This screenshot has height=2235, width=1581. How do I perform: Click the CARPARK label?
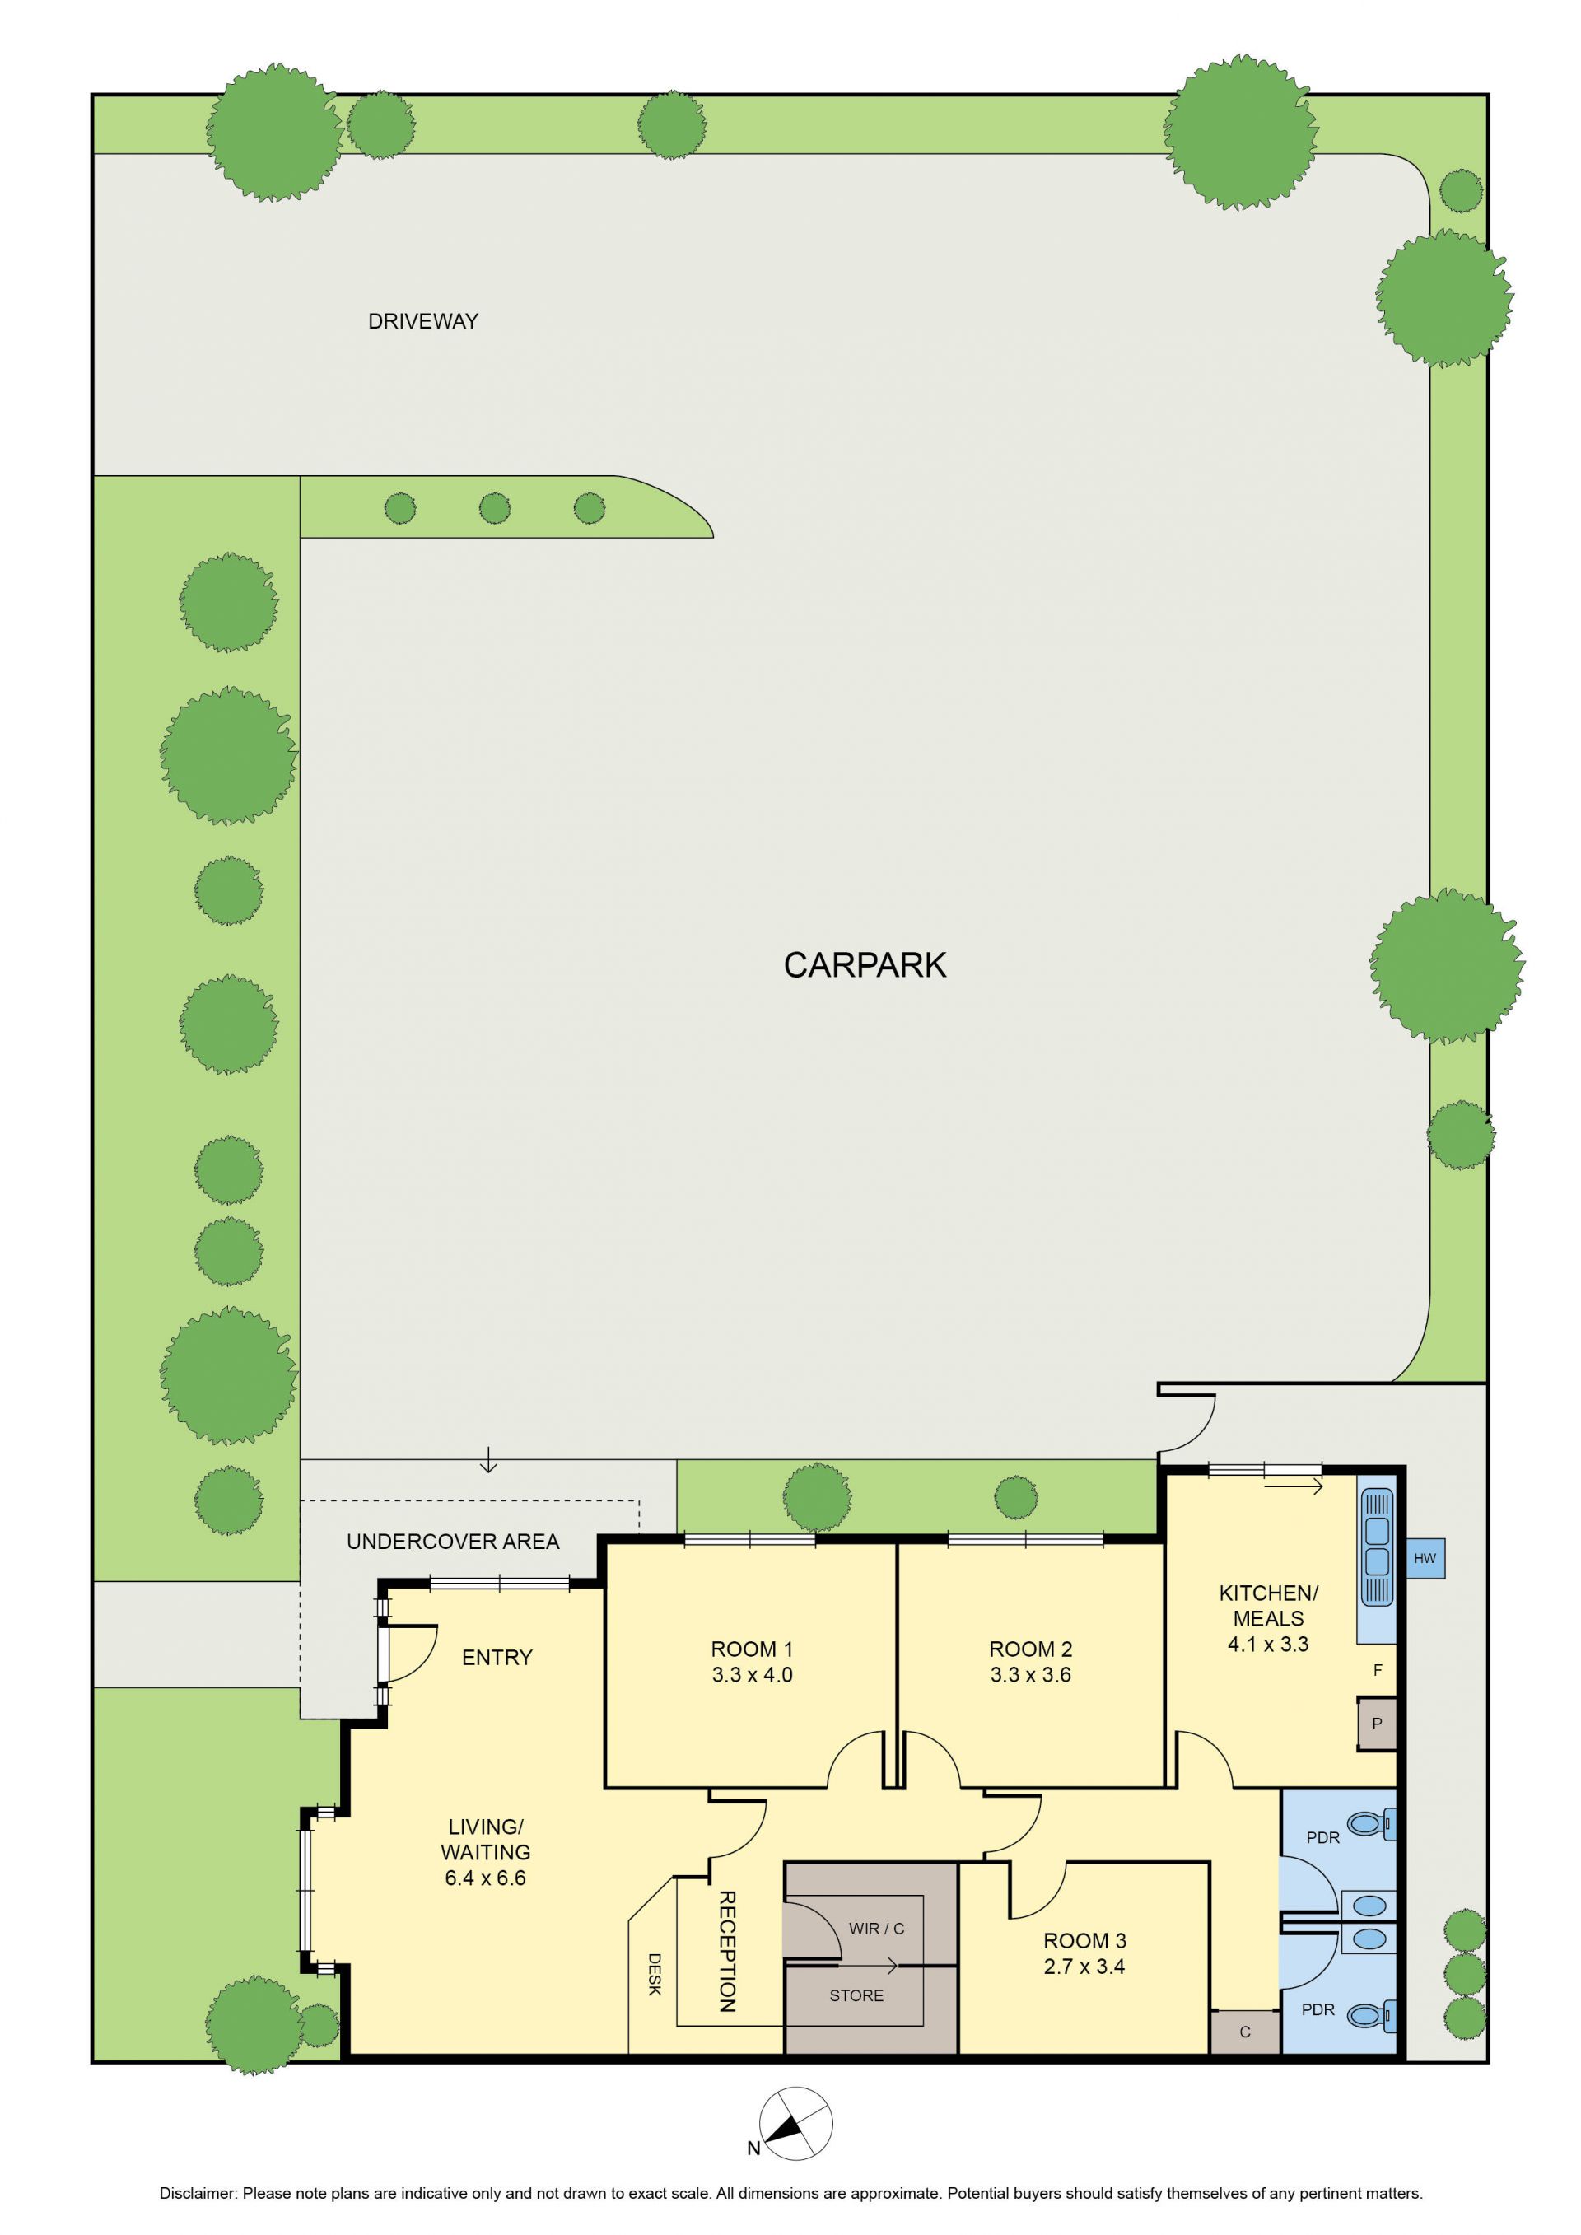865,964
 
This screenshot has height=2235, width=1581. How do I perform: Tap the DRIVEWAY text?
422,321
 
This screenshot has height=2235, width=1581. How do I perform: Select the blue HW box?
1425,1558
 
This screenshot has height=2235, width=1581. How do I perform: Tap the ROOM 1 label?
752,1649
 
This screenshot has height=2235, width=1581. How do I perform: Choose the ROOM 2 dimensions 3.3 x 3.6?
1030,1675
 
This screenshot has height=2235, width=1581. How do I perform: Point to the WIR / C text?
876,1929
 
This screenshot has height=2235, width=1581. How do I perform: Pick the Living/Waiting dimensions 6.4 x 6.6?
485,1878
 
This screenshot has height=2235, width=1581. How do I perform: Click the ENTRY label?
497,1658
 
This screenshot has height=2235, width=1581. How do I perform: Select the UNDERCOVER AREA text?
453,1542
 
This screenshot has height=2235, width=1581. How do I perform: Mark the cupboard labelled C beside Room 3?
1245,2032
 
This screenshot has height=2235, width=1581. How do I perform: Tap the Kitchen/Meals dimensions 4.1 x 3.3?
1267,1644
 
